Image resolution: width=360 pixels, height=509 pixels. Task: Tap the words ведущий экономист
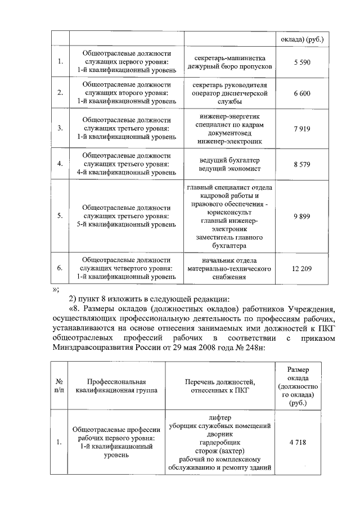point(229,168)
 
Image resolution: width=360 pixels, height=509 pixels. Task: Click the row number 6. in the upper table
point(60,268)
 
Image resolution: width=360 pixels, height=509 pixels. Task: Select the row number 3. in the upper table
point(60,129)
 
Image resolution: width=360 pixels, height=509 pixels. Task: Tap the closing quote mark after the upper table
point(55,289)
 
